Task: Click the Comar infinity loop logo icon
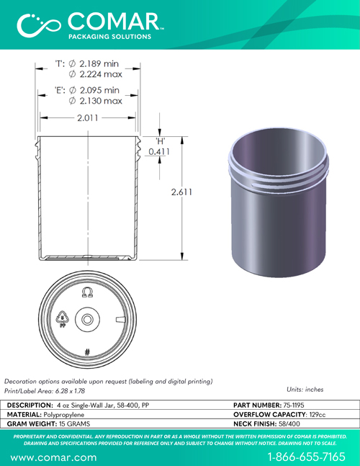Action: coord(39,25)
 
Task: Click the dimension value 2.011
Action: coord(88,118)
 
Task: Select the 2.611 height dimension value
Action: coord(181,192)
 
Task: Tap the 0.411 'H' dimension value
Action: coord(159,151)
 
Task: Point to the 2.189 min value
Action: coord(99,63)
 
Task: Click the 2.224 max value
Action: coord(101,74)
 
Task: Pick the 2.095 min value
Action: coord(99,90)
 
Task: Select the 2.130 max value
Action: coord(101,101)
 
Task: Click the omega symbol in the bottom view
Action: coord(87,292)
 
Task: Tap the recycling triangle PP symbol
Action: coord(63,319)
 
